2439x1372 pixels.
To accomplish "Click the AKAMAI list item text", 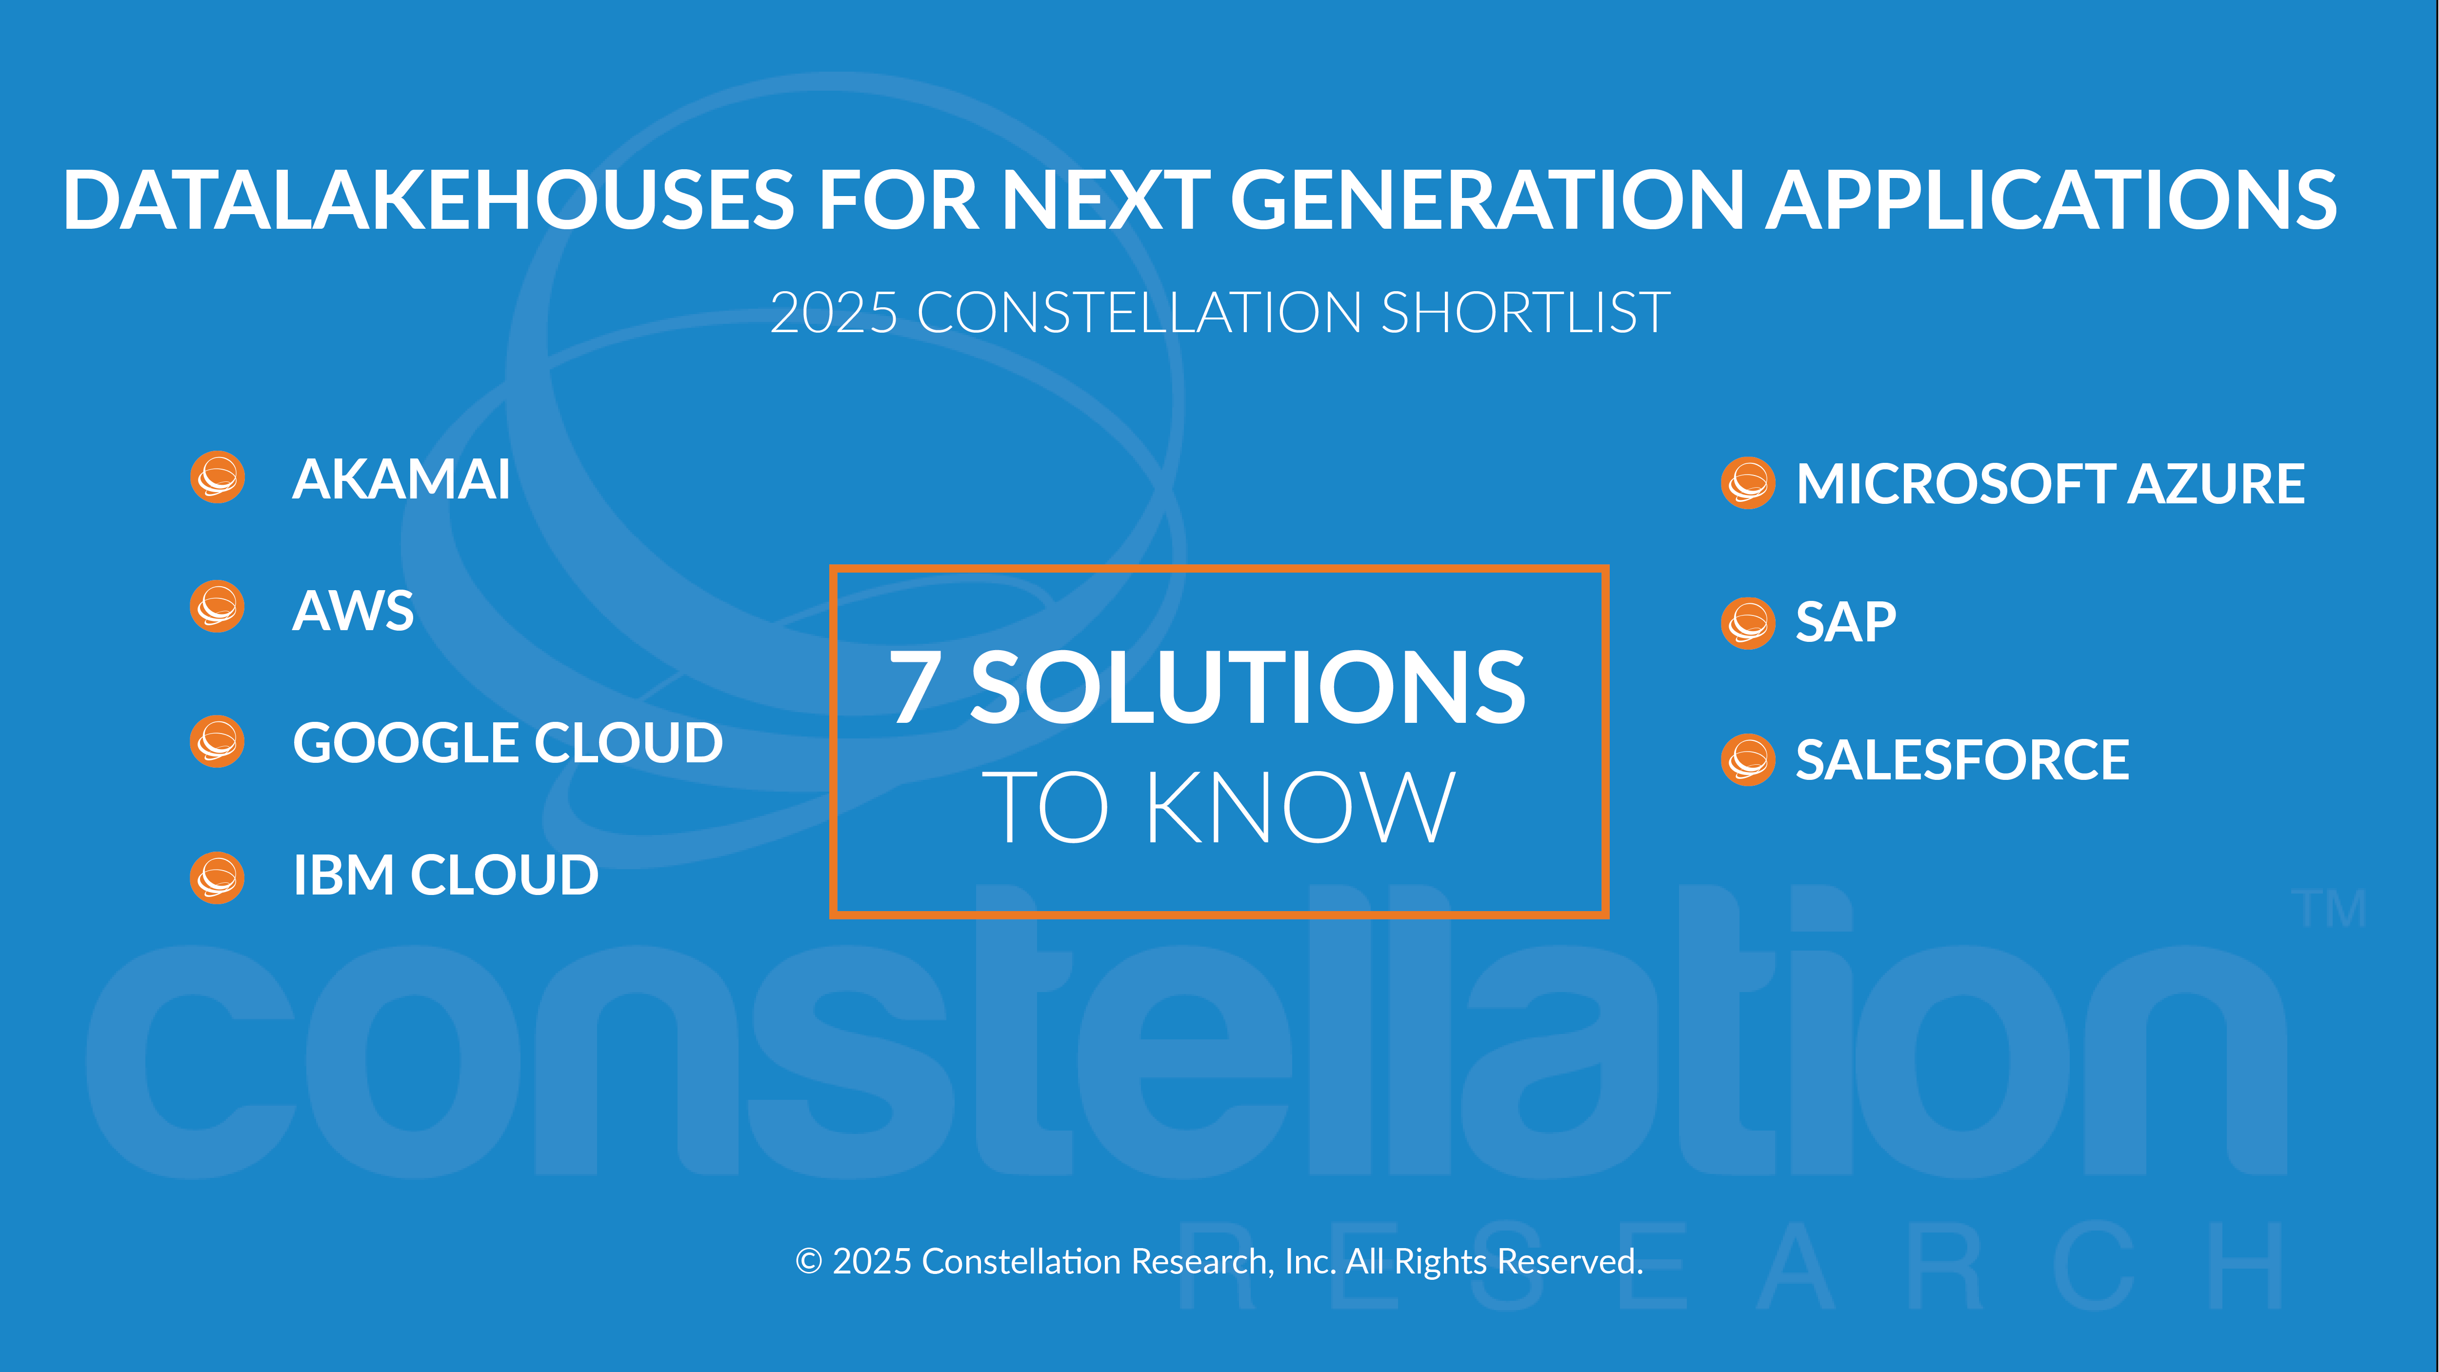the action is coord(401,479).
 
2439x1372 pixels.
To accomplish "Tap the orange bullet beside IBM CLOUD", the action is coord(218,877).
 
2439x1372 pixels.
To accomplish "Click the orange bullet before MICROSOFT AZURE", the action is coord(1748,483).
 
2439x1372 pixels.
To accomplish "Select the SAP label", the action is coord(1846,622).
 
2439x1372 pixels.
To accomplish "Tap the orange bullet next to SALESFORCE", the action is coord(1748,759).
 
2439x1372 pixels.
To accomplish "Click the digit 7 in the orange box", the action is coord(915,686).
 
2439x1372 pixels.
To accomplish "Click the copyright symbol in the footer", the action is coord(809,1261).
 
